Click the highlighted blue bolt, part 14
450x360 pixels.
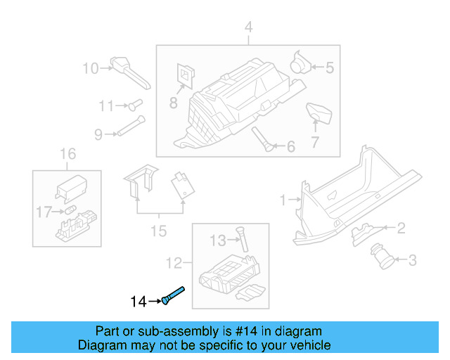(173, 295)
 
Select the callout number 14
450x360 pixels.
(139, 302)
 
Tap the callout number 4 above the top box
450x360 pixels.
(247, 27)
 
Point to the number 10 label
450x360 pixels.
(91, 68)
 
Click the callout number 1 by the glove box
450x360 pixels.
(283, 200)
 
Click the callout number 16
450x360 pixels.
(67, 154)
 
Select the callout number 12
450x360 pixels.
(173, 264)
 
